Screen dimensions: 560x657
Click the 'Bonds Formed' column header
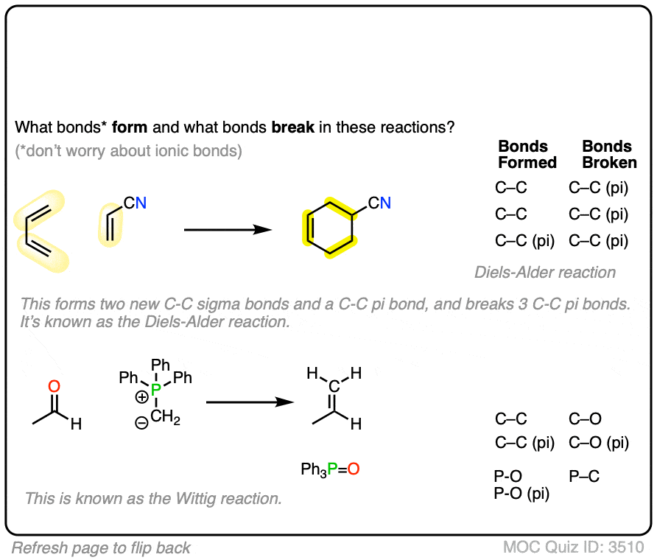[x=527, y=154]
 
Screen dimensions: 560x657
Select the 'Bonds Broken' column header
[x=607, y=154]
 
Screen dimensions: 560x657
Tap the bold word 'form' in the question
[x=130, y=127]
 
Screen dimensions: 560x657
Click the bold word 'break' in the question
[x=293, y=127]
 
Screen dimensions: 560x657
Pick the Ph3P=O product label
[x=330, y=469]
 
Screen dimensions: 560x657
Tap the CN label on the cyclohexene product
[x=380, y=203]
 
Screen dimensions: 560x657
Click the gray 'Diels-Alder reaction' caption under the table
[x=545, y=273]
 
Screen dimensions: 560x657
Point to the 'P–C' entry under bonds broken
[x=584, y=477]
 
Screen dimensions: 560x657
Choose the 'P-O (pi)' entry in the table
[x=521, y=494]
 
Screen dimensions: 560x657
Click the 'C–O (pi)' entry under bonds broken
[x=599, y=443]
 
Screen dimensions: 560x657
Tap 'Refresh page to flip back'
[x=101, y=547]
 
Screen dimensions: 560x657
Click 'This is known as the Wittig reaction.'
[x=153, y=498]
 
